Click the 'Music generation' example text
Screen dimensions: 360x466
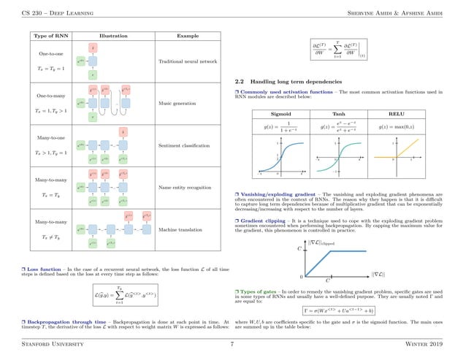click(x=177, y=104)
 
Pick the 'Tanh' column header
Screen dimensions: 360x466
click(x=338, y=115)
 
